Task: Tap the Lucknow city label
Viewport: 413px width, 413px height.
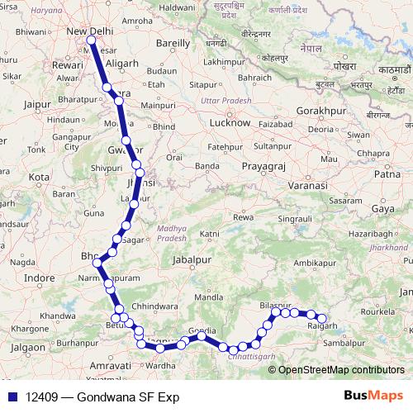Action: coord(230,122)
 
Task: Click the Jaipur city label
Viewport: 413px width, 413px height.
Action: coord(38,105)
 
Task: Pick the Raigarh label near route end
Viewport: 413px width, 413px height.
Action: coord(320,328)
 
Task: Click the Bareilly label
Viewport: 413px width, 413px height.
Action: coord(178,41)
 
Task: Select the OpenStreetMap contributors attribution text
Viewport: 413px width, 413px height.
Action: coord(342,369)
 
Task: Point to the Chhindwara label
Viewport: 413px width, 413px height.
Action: coord(150,305)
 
